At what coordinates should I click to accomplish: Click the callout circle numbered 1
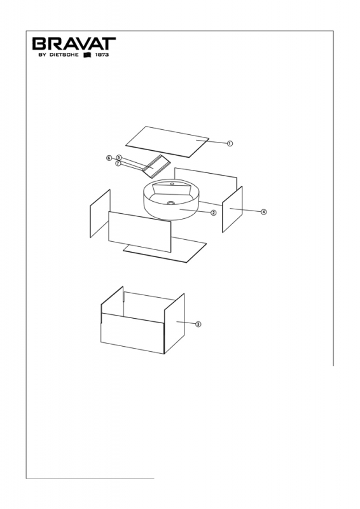pos(230,144)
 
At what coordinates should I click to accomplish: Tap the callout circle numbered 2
pos(213,213)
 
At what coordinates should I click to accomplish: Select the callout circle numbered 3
pos(198,324)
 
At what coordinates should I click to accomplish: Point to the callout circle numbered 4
pos(263,212)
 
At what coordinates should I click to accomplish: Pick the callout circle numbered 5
pos(119,157)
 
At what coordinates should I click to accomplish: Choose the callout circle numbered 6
pos(109,158)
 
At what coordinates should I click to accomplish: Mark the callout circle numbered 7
pos(118,164)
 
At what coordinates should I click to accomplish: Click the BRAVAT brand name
pos(74,43)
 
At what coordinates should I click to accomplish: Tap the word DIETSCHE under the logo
pos(64,55)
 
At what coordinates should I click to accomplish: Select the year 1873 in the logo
pos(102,55)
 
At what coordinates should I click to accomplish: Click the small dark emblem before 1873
pos(88,55)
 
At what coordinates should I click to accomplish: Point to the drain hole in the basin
pos(171,203)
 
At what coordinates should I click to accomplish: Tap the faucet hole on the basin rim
pos(171,184)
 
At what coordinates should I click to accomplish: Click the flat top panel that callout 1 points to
pos(167,142)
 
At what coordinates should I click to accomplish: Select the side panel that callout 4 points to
pos(232,209)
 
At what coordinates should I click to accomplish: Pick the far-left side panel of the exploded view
pos(100,214)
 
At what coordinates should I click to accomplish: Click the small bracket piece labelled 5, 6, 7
pos(156,166)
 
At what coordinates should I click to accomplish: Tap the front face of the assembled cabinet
pos(132,333)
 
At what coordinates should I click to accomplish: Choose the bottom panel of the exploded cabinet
pos(165,249)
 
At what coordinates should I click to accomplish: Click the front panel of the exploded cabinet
pos(139,232)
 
